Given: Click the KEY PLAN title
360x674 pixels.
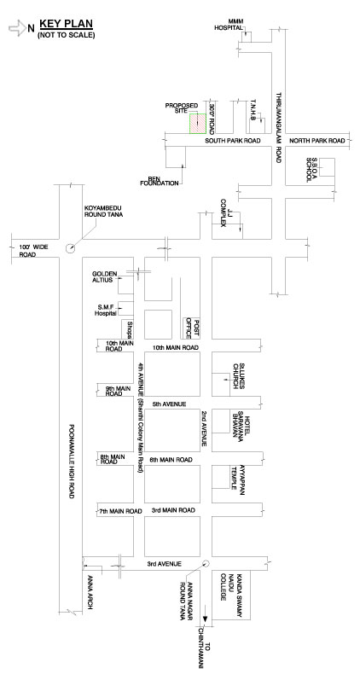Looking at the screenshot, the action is tap(66, 24).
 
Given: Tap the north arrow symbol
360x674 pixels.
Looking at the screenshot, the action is tap(18, 28).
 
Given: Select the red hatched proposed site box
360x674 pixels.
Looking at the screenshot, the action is tap(198, 124).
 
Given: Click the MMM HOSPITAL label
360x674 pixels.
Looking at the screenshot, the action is tap(229, 25).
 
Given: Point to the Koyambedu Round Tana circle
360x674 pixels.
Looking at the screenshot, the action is tap(69, 248).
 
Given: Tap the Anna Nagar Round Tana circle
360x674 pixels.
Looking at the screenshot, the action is tap(206, 564).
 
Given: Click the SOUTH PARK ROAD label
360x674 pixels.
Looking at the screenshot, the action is tap(232, 141).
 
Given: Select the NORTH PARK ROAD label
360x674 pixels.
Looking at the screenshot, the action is tap(317, 141).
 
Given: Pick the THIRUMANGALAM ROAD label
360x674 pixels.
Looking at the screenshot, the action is tap(278, 127).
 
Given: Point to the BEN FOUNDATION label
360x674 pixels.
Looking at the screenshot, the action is tap(160, 181).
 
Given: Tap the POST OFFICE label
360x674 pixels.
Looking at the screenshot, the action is tap(192, 328).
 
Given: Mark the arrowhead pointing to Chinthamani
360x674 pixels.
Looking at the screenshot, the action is tap(206, 619).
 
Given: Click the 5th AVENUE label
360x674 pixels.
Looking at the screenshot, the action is tap(169, 404).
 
